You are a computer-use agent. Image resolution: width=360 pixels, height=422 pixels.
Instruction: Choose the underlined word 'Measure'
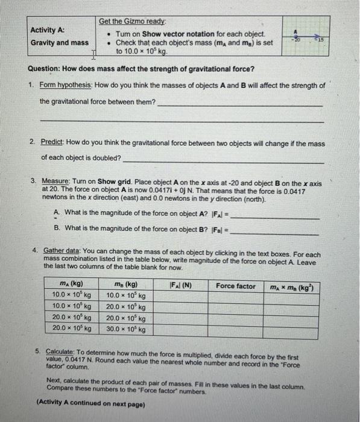coord(56,181)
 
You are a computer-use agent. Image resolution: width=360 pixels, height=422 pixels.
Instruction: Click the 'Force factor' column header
coord(236,286)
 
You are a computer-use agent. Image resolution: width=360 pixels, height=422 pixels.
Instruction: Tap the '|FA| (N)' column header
coord(179,286)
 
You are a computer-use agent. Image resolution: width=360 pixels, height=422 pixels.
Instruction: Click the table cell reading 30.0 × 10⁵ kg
coord(126,330)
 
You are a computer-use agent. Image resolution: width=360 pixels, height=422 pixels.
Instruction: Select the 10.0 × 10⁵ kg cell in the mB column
coord(126,296)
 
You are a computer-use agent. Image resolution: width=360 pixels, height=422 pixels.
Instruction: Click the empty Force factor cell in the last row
coord(236,330)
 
